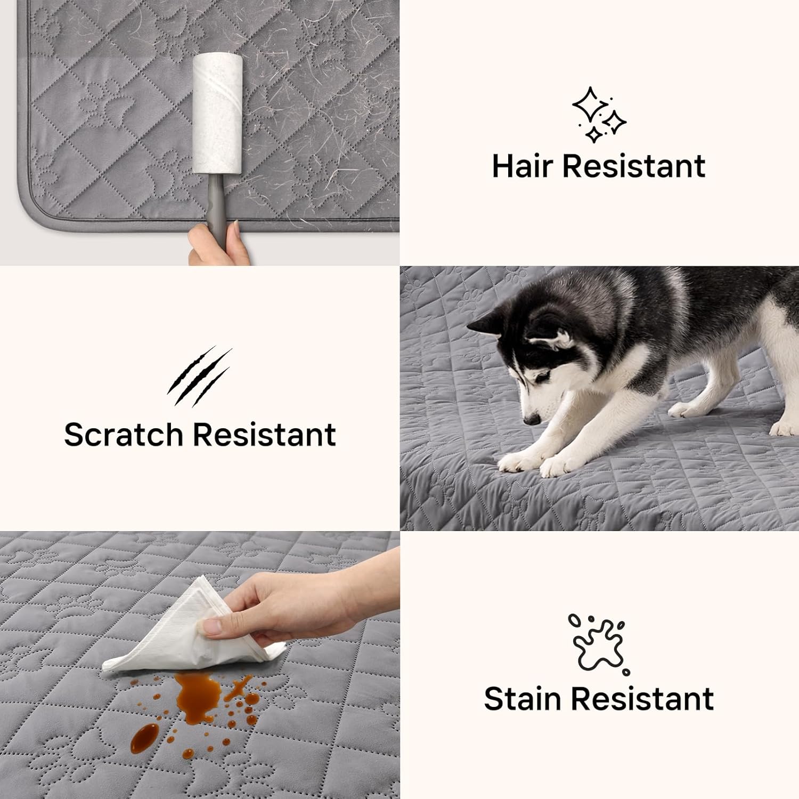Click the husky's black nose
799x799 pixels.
(x=531, y=419)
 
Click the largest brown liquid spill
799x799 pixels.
(x=199, y=695)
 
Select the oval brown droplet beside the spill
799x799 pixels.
(x=144, y=738)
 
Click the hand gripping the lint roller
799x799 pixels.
(x=218, y=245)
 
